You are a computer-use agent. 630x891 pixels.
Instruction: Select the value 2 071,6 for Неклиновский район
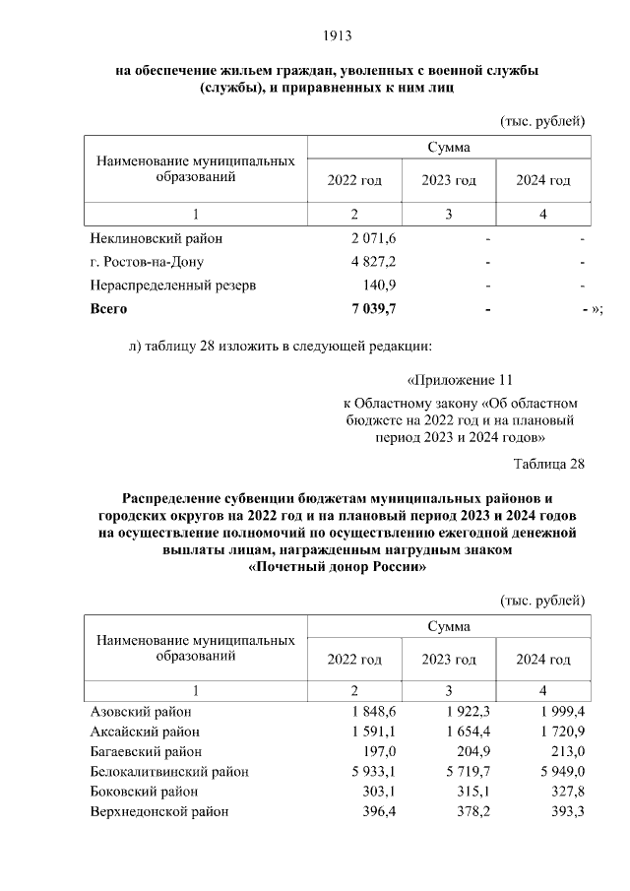tap(373, 239)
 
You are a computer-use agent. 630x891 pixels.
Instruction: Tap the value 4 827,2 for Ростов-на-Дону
tap(373, 262)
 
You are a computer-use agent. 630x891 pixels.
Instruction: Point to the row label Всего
tap(109, 309)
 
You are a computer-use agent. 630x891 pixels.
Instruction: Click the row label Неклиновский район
tap(156, 239)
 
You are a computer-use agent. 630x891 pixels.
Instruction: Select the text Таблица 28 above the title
tap(549, 465)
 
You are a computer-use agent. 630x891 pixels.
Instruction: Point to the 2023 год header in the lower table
tap(449, 659)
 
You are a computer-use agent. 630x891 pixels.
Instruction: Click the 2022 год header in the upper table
tap(353, 180)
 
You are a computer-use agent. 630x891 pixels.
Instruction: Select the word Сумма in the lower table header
tap(449, 626)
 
